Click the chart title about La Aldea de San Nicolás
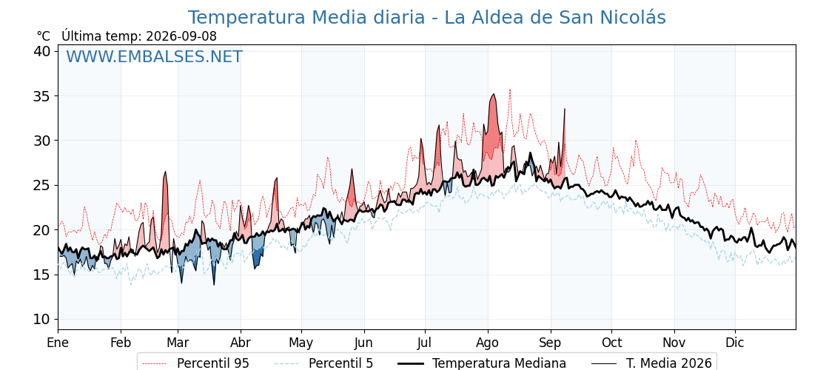[x=426, y=18]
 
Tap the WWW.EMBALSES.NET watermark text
[x=154, y=56]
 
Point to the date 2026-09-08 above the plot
[x=181, y=36]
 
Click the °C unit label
[x=44, y=36]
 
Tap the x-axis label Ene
[x=58, y=343]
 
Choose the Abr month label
[x=241, y=343]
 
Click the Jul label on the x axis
[x=425, y=343]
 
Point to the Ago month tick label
[x=488, y=343]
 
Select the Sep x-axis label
[x=551, y=343]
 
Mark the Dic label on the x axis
[x=735, y=343]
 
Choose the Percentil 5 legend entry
[x=324, y=363]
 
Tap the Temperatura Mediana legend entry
[x=481, y=363]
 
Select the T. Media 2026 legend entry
[x=652, y=363]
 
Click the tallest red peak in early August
[x=493, y=94]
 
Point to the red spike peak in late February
[x=166, y=172]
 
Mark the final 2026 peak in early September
[x=565, y=109]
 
